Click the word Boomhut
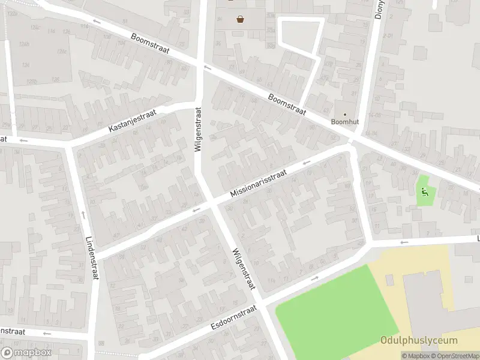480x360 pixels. click(344, 121)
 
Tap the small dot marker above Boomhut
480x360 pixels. click(344, 113)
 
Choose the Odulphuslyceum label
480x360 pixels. click(419, 341)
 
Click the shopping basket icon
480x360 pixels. click(241, 19)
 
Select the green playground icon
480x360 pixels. click(425, 192)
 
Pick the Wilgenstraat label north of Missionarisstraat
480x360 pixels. click(198, 130)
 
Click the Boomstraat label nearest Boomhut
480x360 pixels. click(287, 105)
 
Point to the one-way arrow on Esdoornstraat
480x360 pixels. click(314, 278)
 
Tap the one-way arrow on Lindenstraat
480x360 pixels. click(83, 214)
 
